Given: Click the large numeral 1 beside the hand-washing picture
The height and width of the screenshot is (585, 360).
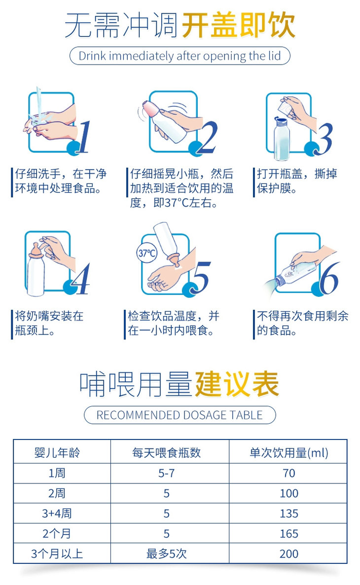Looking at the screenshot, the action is pos(84,137).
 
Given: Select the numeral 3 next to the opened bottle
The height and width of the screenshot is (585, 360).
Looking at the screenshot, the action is pos(324,139).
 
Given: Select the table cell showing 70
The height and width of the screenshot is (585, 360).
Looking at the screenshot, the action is pos(289,473).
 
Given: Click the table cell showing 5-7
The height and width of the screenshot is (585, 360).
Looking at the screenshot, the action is pos(166,473).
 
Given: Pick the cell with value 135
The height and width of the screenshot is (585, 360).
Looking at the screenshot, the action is pos(289,513).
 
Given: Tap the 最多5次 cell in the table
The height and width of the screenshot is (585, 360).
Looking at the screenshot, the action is pos(166,553).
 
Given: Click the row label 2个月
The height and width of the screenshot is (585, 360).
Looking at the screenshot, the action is pos(57,534).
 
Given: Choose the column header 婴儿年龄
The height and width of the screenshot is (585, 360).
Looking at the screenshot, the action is pos(57,452).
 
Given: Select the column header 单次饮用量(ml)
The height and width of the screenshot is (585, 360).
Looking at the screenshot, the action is pos(289,452).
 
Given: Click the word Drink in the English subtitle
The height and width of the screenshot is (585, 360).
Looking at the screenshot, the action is pos(93,56).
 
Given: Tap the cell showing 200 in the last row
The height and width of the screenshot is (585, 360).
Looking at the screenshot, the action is pos(289,553).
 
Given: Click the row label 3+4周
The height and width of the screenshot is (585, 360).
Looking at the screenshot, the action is pos(57,513).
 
